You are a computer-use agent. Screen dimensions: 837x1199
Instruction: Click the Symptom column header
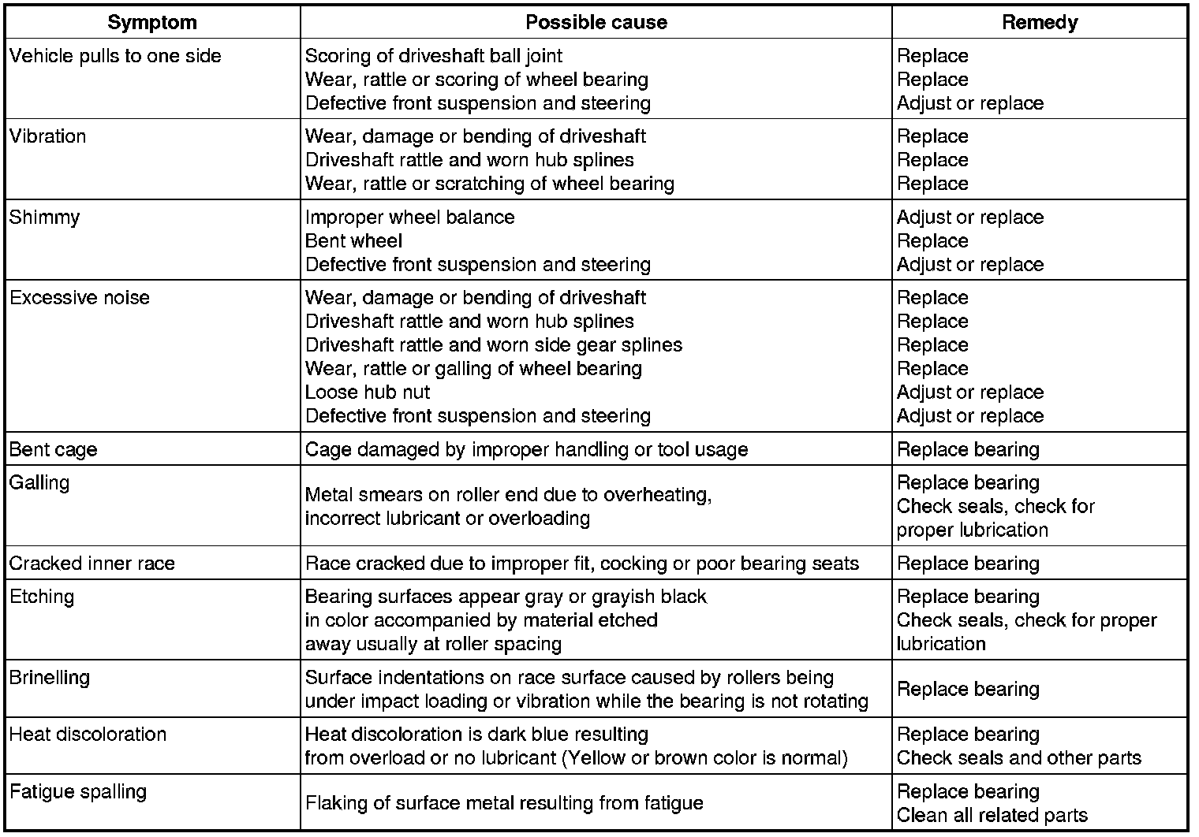click(152, 22)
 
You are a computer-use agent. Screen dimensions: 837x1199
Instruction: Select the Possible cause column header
click(596, 22)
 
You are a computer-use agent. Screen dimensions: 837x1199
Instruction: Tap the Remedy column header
click(1039, 22)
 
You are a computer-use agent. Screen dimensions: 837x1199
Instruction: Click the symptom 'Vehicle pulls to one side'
click(115, 56)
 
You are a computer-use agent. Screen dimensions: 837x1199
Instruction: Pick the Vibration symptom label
click(48, 136)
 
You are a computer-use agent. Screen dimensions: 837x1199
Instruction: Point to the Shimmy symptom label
click(45, 218)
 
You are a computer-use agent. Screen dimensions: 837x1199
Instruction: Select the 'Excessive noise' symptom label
click(80, 298)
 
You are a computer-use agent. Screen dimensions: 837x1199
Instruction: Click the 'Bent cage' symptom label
click(54, 450)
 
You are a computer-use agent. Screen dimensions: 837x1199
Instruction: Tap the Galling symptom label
click(39, 483)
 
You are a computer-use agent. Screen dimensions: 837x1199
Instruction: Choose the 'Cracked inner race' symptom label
click(92, 564)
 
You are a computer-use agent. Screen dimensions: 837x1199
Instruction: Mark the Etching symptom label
click(42, 597)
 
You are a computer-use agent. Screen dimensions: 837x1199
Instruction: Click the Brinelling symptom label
click(50, 678)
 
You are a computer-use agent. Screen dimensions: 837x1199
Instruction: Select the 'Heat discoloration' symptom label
click(88, 735)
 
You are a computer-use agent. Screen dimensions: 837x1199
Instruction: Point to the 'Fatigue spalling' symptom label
click(78, 792)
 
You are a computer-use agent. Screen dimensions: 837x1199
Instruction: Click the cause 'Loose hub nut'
click(368, 392)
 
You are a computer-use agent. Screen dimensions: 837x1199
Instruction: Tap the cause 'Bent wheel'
click(353, 241)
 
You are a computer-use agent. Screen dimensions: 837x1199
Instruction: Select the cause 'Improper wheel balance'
click(409, 218)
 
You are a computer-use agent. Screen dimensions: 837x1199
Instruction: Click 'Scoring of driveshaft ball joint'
click(434, 56)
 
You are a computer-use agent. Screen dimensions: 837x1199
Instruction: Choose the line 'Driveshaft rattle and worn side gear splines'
click(494, 345)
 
